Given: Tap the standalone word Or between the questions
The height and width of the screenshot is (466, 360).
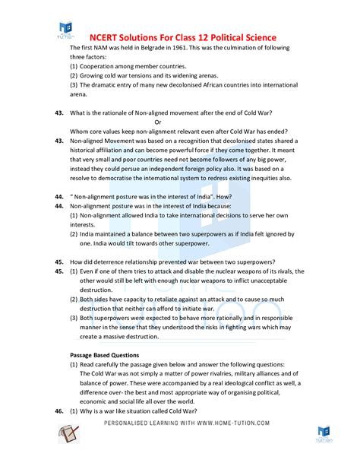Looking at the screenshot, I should click(x=158, y=122).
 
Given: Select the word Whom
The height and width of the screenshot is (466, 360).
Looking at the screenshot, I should click(x=80, y=131).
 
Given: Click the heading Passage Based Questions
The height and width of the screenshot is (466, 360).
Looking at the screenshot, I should click(x=105, y=355).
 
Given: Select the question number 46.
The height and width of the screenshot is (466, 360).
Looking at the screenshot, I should click(x=59, y=411).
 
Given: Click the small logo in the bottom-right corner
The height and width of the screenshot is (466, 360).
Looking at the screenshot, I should click(x=324, y=434).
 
